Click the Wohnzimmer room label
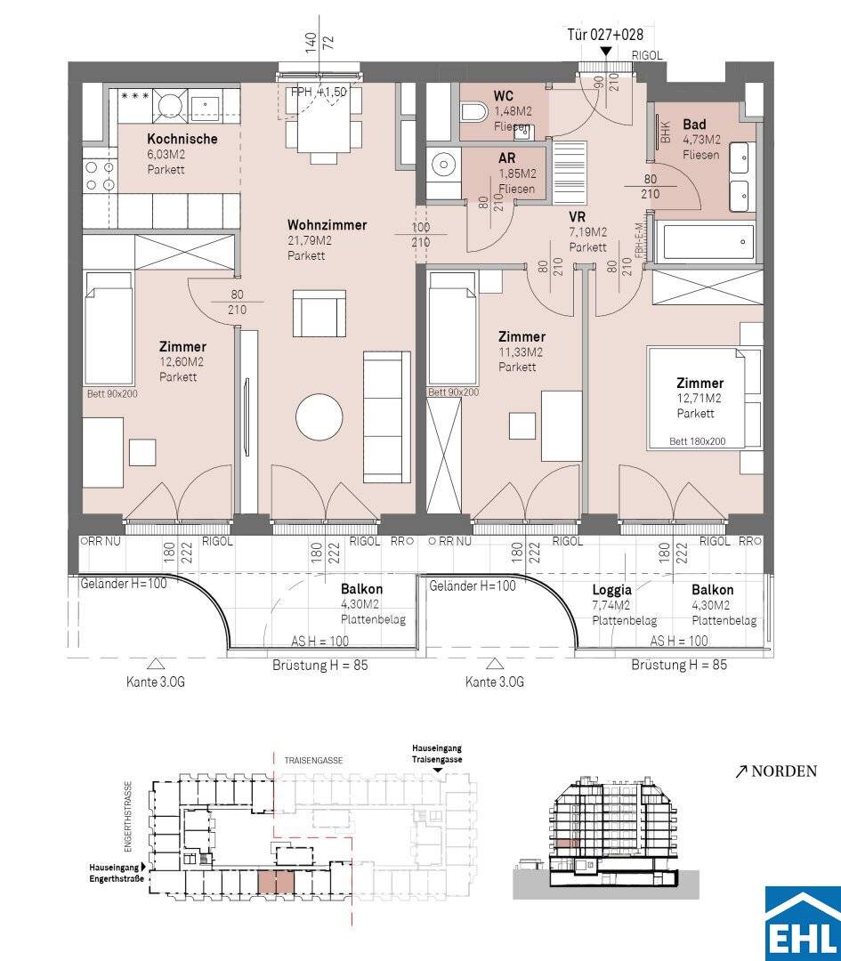(327, 225)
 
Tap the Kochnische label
(182, 139)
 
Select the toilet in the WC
(473, 112)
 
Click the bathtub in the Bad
(704, 242)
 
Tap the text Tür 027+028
(605, 35)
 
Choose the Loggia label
(611, 590)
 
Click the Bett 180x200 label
(698, 441)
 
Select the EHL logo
(803, 924)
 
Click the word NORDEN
(784, 771)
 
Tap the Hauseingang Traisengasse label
(437, 754)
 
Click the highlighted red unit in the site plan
(276, 883)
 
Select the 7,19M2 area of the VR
(588, 232)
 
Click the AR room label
(507, 158)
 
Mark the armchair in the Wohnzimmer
(319, 312)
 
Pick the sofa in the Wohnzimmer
(387, 416)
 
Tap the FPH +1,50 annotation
(319, 92)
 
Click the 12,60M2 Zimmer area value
(182, 362)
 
